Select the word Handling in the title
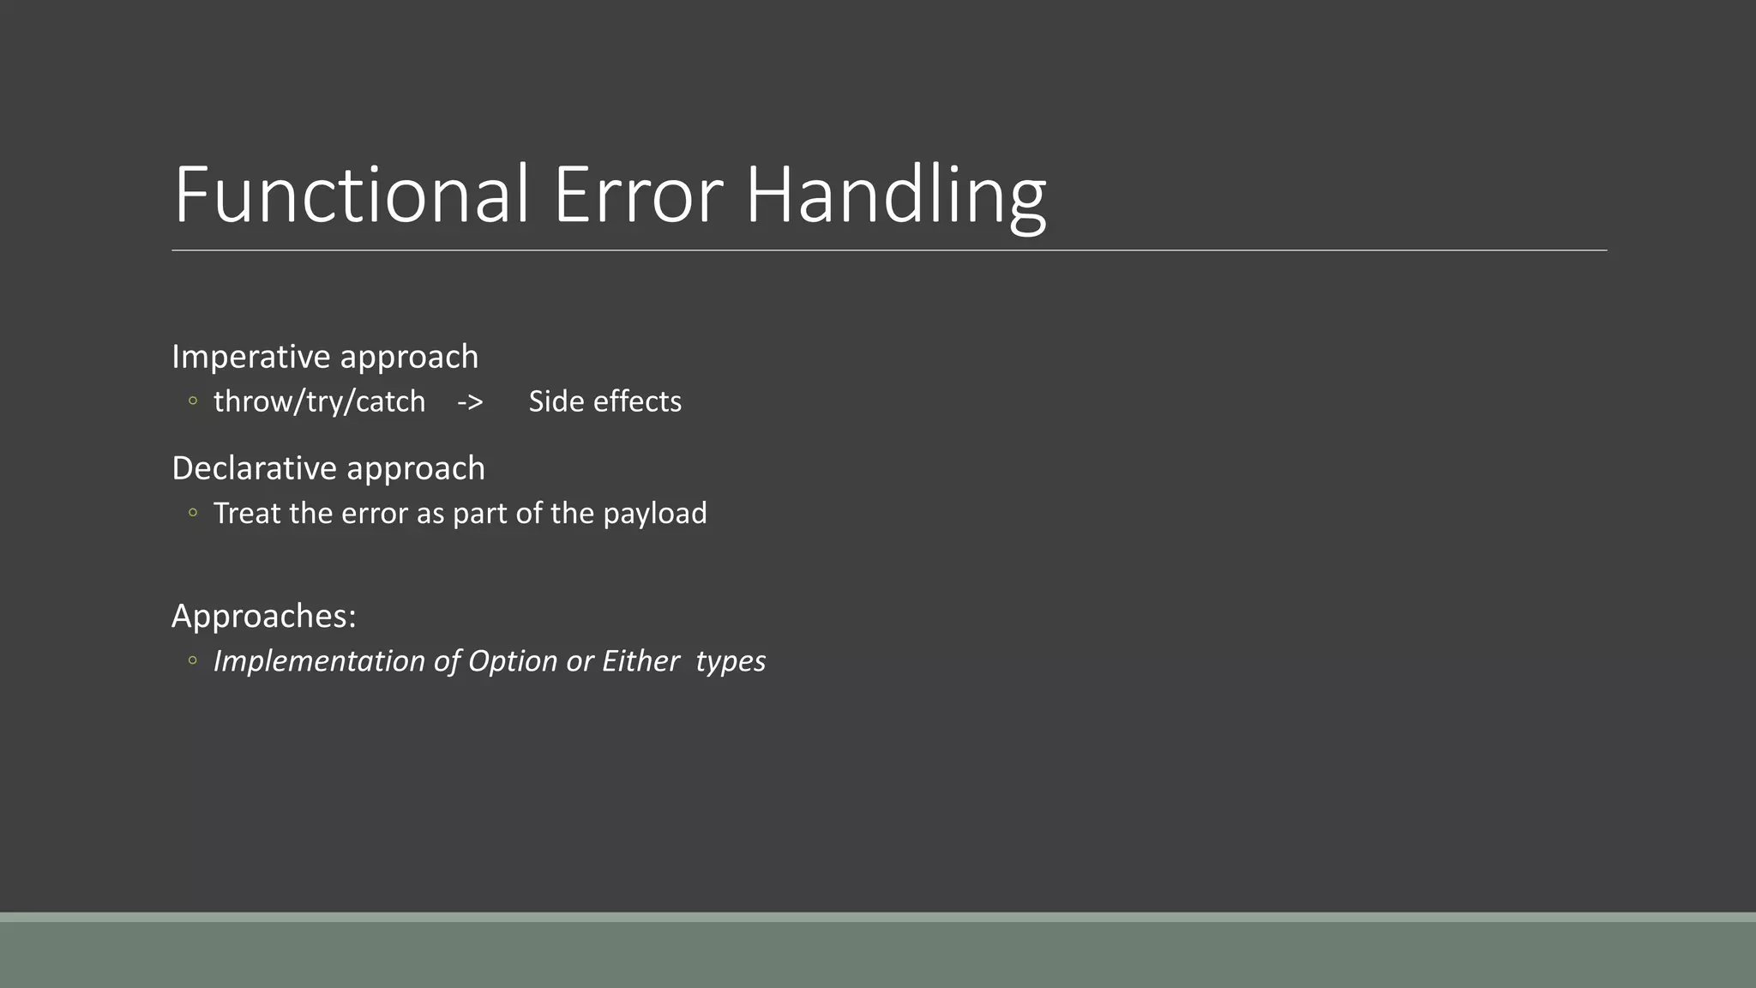coord(895,196)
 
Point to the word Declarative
coord(255,468)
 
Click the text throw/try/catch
coord(319,401)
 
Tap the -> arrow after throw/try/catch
coord(470,401)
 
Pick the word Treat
coord(247,513)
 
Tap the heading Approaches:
coord(264,616)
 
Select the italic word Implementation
coord(318,661)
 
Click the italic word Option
coord(513,661)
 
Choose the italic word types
coord(731,661)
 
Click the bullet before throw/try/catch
coord(193,401)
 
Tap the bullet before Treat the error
coord(193,513)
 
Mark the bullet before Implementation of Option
coord(193,660)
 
